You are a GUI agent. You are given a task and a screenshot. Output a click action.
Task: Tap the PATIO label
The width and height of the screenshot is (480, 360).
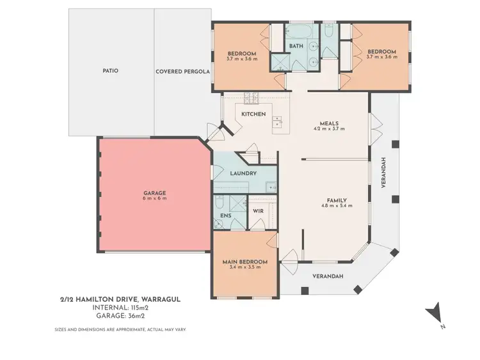point(110,71)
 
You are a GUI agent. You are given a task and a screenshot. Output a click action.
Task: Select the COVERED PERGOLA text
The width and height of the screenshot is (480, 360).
point(182,72)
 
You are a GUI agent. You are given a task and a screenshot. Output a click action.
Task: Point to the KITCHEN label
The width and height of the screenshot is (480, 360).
point(253,114)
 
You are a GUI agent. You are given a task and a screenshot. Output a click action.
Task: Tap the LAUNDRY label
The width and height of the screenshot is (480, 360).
point(243,173)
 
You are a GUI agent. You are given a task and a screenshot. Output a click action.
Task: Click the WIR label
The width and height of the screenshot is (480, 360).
point(259,210)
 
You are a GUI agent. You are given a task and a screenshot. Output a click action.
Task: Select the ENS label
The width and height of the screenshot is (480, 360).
point(225,216)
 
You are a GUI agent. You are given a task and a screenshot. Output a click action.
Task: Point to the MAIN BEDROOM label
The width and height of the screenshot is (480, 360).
point(244,262)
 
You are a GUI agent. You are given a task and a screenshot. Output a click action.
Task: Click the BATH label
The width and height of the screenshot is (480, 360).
point(296,46)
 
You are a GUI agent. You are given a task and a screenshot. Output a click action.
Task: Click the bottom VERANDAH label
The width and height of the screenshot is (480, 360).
point(328,276)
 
